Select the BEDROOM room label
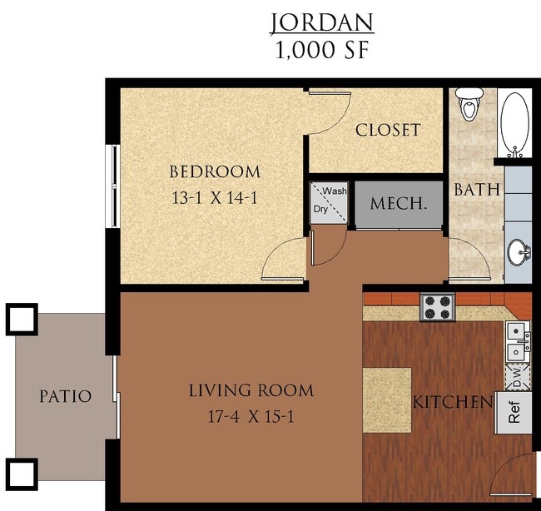215,172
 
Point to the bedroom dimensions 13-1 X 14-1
215,200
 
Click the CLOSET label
388,131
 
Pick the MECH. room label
400,203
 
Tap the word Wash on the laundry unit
335,191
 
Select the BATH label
477,190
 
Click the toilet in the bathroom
471,105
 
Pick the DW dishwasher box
516,376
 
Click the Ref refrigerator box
514,414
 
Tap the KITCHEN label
453,403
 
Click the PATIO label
66,396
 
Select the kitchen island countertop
387,399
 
